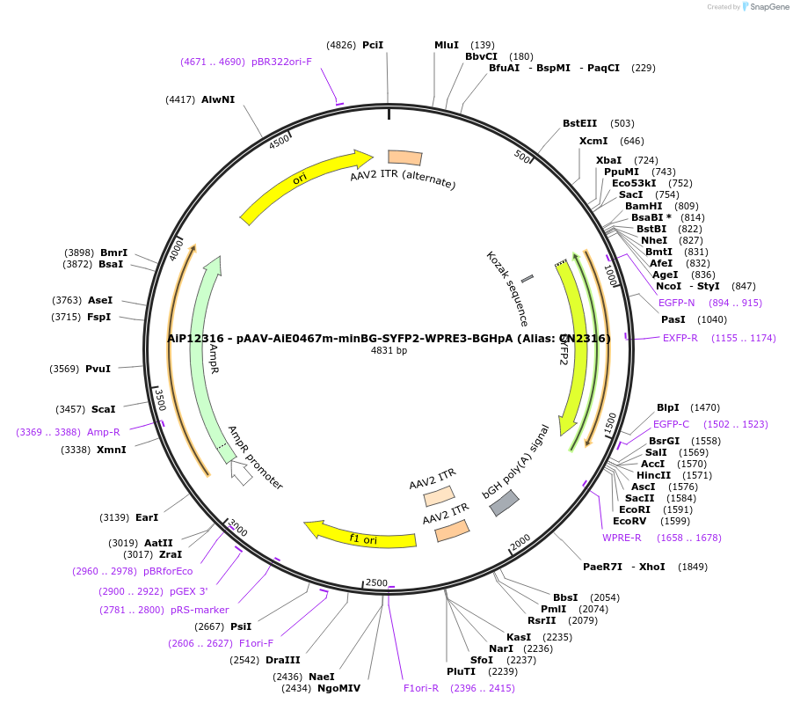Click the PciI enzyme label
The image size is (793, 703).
373,45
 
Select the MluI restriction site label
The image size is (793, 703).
447,45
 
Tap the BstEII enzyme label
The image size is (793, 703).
580,123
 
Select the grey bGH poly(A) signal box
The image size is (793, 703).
504,502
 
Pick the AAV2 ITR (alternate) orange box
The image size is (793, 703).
404,157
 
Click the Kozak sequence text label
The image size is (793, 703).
508,289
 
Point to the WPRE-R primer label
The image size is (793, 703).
622,538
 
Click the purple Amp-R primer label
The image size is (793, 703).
103,432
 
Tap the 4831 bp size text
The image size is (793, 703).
389,350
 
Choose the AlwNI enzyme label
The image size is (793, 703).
218,99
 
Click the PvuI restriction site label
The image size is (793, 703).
98,369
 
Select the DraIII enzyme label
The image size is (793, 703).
282,660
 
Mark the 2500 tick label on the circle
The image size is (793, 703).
376,582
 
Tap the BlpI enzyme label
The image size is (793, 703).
668,407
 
